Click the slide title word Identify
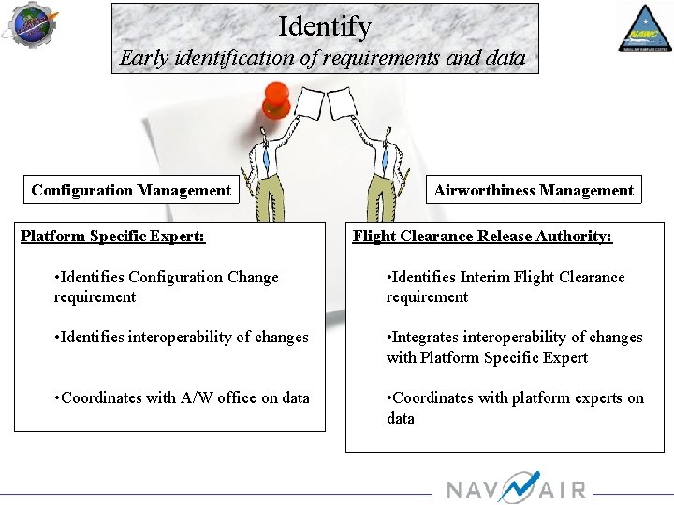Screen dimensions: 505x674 point(325,26)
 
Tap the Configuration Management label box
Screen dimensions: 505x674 point(131,190)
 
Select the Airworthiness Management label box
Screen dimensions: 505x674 point(534,190)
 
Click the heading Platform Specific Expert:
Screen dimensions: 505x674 point(112,236)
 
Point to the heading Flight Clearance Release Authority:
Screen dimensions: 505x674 point(482,236)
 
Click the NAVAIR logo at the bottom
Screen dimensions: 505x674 point(516,487)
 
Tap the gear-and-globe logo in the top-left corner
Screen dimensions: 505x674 point(32,24)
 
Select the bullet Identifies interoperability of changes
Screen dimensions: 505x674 point(182,337)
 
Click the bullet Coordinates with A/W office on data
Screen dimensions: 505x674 point(183,397)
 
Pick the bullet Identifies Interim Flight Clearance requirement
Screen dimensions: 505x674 point(505,287)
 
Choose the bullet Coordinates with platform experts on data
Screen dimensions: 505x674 point(515,408)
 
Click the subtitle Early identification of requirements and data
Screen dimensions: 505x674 point(323,58)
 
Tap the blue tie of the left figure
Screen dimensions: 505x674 point(266,162)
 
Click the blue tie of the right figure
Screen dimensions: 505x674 point(386,162)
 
